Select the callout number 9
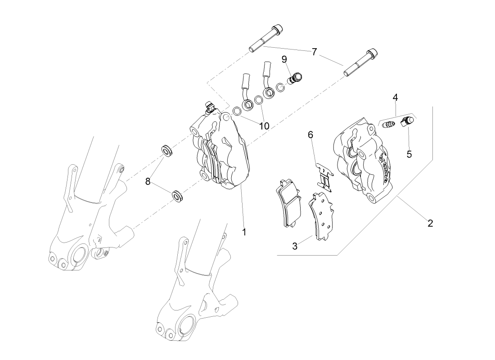[x=284, y=59]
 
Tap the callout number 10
[x=264, y=126]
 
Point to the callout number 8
[x=148, y=182]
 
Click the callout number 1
[x=244, y=232]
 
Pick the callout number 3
[x=295, y=246]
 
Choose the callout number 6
[x=310, y=134]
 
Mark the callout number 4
[x=395, y=98]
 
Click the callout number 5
[x=409, y=154]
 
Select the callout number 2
[x=430, y=223]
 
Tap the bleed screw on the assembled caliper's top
[x=209, y=107]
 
